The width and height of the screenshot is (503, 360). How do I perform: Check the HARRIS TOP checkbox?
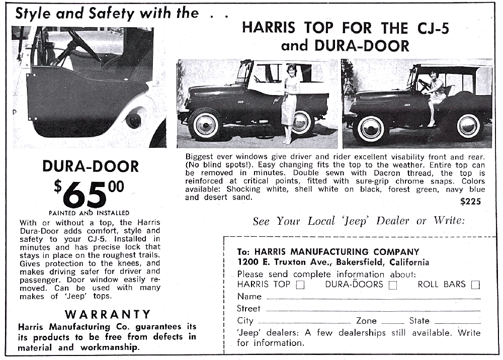[300, 285]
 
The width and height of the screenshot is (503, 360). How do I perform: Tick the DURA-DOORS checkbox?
[393, 285]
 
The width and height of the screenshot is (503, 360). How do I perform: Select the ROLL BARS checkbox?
[475, 285]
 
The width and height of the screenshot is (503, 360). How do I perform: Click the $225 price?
[470, 202]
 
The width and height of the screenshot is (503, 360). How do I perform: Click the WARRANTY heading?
[108, 314]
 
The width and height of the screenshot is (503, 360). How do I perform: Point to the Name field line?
[372, 298]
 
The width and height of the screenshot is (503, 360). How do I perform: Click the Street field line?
[372, 310]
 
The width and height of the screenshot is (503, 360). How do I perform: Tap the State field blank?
[457, 322]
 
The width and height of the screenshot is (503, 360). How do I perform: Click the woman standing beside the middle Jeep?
[290, 103]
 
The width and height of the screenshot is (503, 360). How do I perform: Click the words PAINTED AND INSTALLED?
[89, 213]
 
